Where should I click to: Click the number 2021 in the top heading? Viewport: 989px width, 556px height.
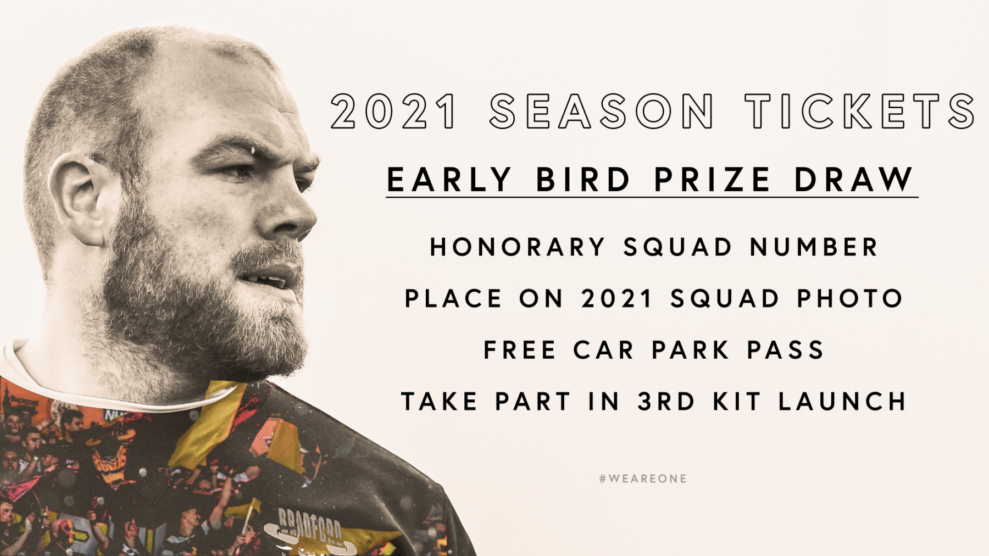(393, 112)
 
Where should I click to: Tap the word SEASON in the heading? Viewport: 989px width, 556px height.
(602, 112)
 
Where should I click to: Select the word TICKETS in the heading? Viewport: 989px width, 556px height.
(860, 112)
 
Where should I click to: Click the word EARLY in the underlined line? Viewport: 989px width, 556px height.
(449, 180)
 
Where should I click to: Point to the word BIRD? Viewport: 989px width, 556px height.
(583, 180)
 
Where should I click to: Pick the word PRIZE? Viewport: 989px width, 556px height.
(713, 180)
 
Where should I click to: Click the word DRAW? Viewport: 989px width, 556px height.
(854, 180)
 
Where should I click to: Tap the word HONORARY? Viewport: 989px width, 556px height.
(518, 247)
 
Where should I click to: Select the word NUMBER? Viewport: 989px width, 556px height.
(814, 247)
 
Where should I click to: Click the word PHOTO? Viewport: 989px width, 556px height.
(850, 299)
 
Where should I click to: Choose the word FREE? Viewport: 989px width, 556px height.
(520, 350)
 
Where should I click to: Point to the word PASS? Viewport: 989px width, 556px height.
(786, 350)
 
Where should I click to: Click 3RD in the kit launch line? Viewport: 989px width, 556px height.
(666, 402)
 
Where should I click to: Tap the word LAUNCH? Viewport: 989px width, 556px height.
(842, 402)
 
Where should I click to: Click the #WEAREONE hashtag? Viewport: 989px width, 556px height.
(643, 479)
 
